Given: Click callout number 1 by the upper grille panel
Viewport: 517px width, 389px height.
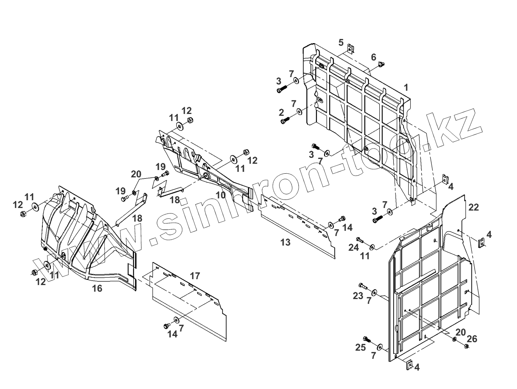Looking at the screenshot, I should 406,87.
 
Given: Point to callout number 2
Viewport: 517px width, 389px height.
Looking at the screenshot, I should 281,112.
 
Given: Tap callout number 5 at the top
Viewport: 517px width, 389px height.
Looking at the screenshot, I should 341,42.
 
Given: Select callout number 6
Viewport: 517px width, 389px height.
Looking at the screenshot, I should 373,57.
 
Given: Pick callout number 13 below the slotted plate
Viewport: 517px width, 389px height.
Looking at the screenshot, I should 285,242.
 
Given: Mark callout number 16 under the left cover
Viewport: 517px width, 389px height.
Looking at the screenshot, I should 97,288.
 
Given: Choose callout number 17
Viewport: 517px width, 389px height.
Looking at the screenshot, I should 195,275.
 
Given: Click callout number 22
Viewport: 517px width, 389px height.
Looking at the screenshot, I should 474,207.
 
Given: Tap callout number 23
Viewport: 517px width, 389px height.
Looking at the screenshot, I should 358,295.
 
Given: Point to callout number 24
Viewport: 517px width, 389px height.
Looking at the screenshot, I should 354,247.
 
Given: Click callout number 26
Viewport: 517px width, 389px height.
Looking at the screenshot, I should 472,338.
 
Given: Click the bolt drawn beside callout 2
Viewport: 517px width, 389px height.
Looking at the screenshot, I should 285,120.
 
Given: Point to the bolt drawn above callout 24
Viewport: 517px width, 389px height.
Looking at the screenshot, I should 360,240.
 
